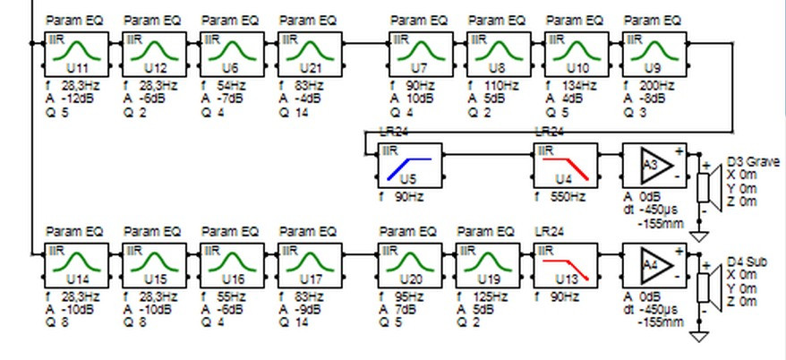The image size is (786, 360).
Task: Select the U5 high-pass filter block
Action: (x=411, y=166)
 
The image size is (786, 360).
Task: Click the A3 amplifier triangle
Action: (x=655, y=166)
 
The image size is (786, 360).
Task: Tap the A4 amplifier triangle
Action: (x=655, y=264)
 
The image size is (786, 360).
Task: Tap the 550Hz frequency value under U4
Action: (x=569, y=196)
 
